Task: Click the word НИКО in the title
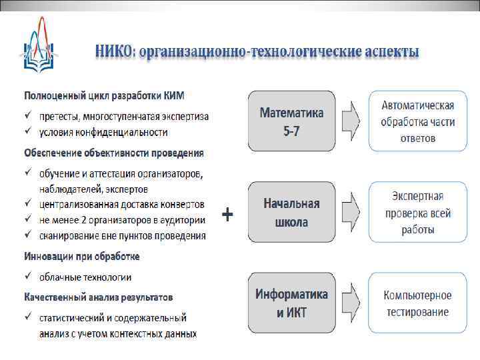[x=115, y=51]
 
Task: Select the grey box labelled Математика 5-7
[x=291, y=121]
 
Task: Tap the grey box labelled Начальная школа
[x=291, y=213]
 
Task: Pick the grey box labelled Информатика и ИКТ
[x=291, y=303]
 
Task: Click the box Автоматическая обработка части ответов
[x=417, y=121]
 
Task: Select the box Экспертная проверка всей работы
[x=417, y=213]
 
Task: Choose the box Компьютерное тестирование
[x=417, y=303]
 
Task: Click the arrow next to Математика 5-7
[x=351, y=121]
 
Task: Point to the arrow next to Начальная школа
[x=351, y=213]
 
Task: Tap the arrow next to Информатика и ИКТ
[x=351, y=303]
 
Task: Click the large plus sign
[x=227, y=215]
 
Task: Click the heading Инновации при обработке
[x=82, y=257]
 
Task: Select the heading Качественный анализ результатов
[x=99, y=297]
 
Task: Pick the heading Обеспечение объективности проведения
[x=114, y=153]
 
